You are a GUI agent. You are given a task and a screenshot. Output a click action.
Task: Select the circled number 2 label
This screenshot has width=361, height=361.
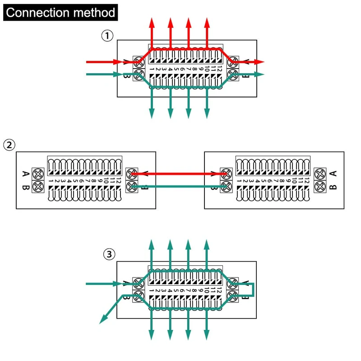(x=9, y=145)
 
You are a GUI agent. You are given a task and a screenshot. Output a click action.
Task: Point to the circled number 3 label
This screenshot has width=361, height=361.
(x=108, y=255)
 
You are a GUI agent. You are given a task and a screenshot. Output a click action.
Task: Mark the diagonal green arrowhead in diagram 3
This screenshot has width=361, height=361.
(x=103, y=320)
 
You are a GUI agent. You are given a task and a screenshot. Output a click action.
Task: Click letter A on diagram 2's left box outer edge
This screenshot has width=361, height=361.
(x=25, y=174)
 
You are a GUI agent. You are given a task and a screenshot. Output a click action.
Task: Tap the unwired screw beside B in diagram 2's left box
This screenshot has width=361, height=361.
(x=38, y=186)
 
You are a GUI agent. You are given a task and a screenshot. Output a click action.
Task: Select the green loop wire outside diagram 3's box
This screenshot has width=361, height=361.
(x=254, y=289)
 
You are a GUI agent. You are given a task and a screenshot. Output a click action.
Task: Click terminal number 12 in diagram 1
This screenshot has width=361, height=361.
(x=219, y=69)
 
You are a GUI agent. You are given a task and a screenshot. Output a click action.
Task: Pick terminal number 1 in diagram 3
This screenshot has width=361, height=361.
(x=152, y=291)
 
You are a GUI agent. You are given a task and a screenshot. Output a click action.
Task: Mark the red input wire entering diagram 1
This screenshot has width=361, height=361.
(x=104, y=61)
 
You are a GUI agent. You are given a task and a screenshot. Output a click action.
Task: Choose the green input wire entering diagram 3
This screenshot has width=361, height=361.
(x=104, y=283)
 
